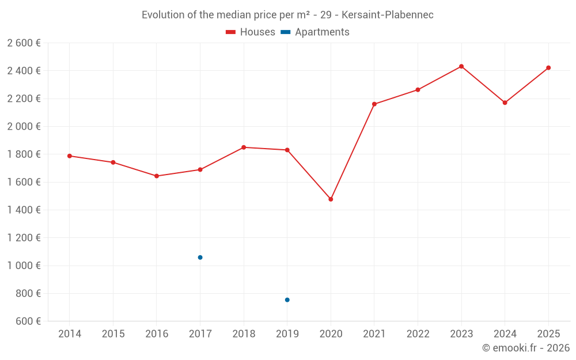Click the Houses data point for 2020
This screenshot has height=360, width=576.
331,199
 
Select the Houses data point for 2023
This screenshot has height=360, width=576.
461,66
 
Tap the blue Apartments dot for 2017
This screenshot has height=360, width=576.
200,257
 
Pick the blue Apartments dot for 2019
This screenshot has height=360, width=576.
287,300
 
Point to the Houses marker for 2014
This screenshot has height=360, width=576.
70,156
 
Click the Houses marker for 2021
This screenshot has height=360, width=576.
374,104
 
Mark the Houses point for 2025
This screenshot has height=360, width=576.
548,68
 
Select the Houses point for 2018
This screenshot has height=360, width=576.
244,147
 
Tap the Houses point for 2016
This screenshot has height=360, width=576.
157,176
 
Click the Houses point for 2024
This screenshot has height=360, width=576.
505,103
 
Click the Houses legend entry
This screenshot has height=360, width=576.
251,32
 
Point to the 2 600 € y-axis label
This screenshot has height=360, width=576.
24,43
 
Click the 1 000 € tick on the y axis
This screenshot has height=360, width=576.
24,266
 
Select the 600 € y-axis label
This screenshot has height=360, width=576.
27,321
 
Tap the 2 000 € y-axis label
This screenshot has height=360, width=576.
24,127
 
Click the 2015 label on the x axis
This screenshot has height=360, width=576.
113,334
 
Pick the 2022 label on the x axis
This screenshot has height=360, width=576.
418,334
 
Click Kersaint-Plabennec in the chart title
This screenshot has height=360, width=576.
387,15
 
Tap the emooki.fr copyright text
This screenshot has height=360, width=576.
526,348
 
